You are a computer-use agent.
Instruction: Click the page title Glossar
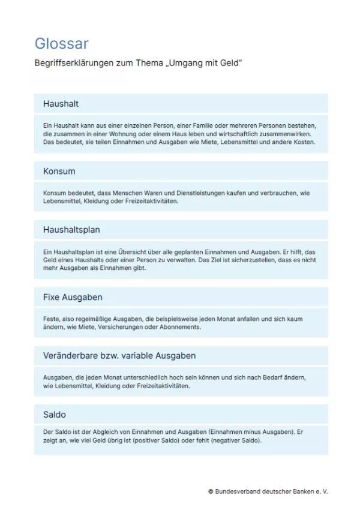tap(61, 43)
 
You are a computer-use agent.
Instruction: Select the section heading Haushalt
tap(61, 104)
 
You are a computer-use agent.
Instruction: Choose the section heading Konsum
tap(59, 171)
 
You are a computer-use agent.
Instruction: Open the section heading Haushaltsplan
tap(71, 230)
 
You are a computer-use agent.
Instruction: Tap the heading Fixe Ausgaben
tap(73, 297)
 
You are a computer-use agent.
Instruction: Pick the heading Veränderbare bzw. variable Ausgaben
tap(119, 356)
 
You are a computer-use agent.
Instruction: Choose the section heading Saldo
tap(55, 415)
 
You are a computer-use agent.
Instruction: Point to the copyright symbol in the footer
tap(211, 491)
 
